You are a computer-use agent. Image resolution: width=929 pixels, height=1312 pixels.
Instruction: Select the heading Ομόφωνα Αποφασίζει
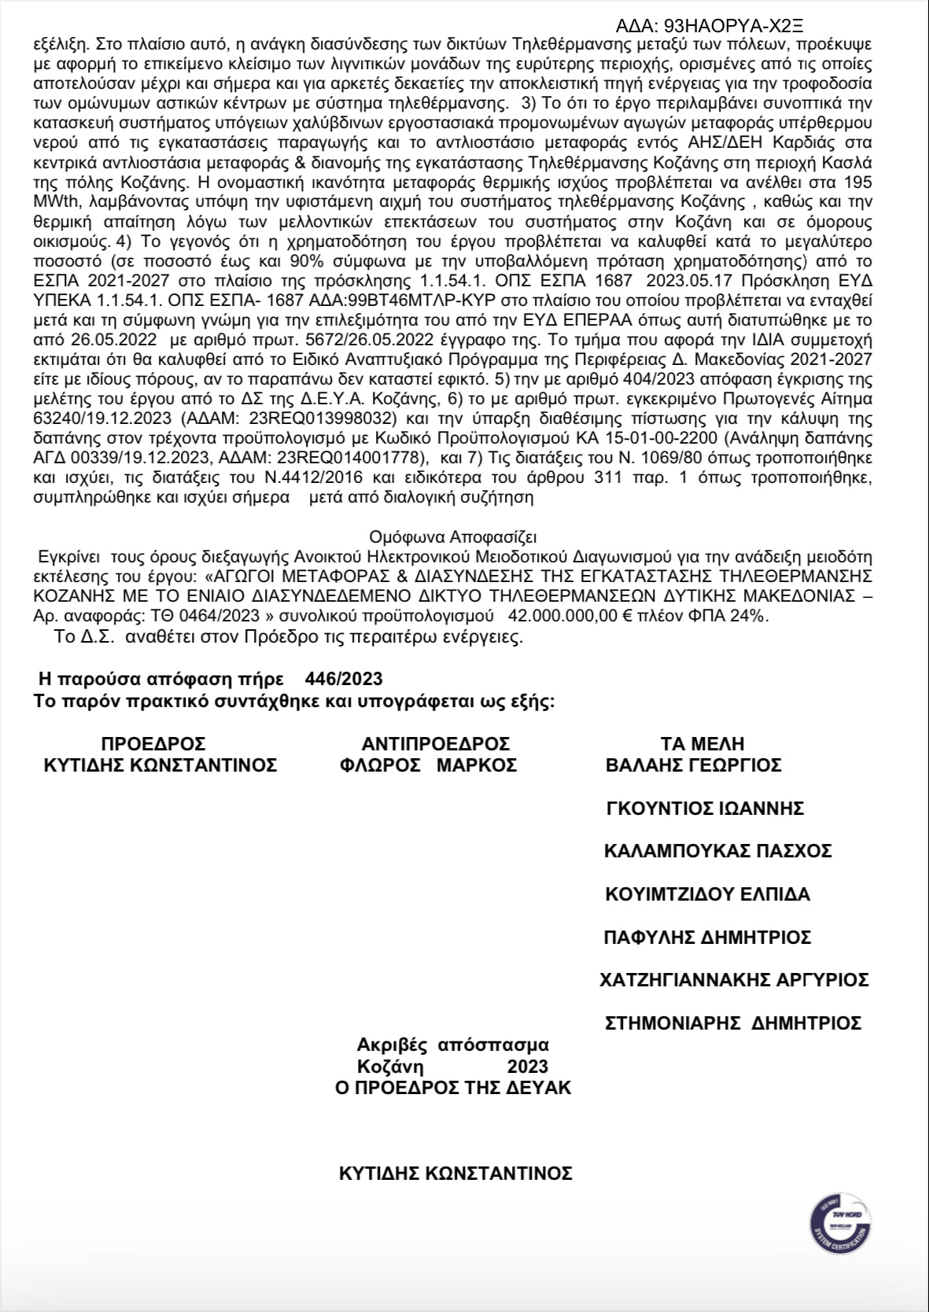[453, 537]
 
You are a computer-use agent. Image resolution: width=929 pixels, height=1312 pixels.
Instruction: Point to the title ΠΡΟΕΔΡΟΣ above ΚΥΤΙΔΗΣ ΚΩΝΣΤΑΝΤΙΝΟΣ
[153, 743]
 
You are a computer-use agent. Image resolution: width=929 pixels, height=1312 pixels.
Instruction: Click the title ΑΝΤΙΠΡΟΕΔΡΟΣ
[435, 743]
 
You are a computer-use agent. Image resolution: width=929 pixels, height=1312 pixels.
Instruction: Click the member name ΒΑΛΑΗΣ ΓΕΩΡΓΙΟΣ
[693, 765]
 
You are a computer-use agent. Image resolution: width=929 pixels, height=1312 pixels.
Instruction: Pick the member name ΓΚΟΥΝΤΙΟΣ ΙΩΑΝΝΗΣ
[706, 808]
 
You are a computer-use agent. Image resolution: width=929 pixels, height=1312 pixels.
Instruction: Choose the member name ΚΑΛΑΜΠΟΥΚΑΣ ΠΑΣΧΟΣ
[717, 851]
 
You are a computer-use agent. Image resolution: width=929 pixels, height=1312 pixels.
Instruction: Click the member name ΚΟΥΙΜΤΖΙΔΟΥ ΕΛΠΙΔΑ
[707, 894]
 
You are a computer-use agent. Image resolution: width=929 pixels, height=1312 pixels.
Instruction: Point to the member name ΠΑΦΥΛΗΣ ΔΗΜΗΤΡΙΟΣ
[707, 937]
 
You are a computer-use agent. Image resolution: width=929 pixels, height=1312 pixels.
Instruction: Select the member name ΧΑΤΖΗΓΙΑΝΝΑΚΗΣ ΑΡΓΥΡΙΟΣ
[734, 980]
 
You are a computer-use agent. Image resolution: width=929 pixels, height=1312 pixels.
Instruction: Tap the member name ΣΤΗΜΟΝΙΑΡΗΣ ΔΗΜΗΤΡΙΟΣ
[733, 1023]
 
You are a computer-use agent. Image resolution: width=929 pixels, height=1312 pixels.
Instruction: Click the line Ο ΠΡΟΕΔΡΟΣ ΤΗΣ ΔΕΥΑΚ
[452, 1088]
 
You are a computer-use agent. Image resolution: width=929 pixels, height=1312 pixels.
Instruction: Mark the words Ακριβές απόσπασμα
[452, 1045]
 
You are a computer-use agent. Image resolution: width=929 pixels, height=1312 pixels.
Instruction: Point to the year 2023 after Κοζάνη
[527, 1067]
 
